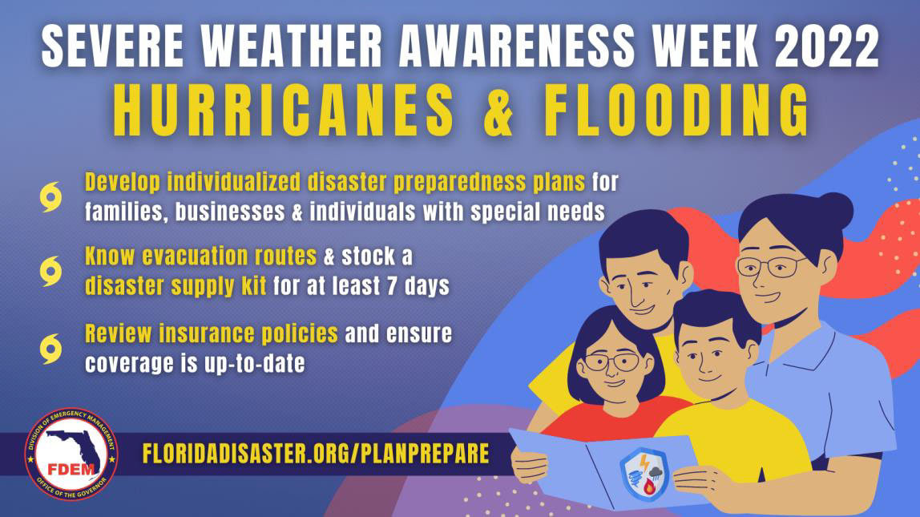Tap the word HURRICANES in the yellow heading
[x=284, y=111]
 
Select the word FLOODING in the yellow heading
[x=676, y=111]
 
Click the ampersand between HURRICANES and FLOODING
[x=498, y=111]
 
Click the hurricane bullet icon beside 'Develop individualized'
[x=50, y=197]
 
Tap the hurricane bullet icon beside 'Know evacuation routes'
[x=50, y=271]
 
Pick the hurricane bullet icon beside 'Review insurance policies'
[x=50, y=349]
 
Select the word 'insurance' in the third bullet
[x=207, y=333]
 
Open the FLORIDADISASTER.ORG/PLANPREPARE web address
[x=316, y=454]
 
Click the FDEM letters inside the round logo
[x=71, y=470]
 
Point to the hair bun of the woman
[x=835, y=211]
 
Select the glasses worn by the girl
[x=611, y=361]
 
